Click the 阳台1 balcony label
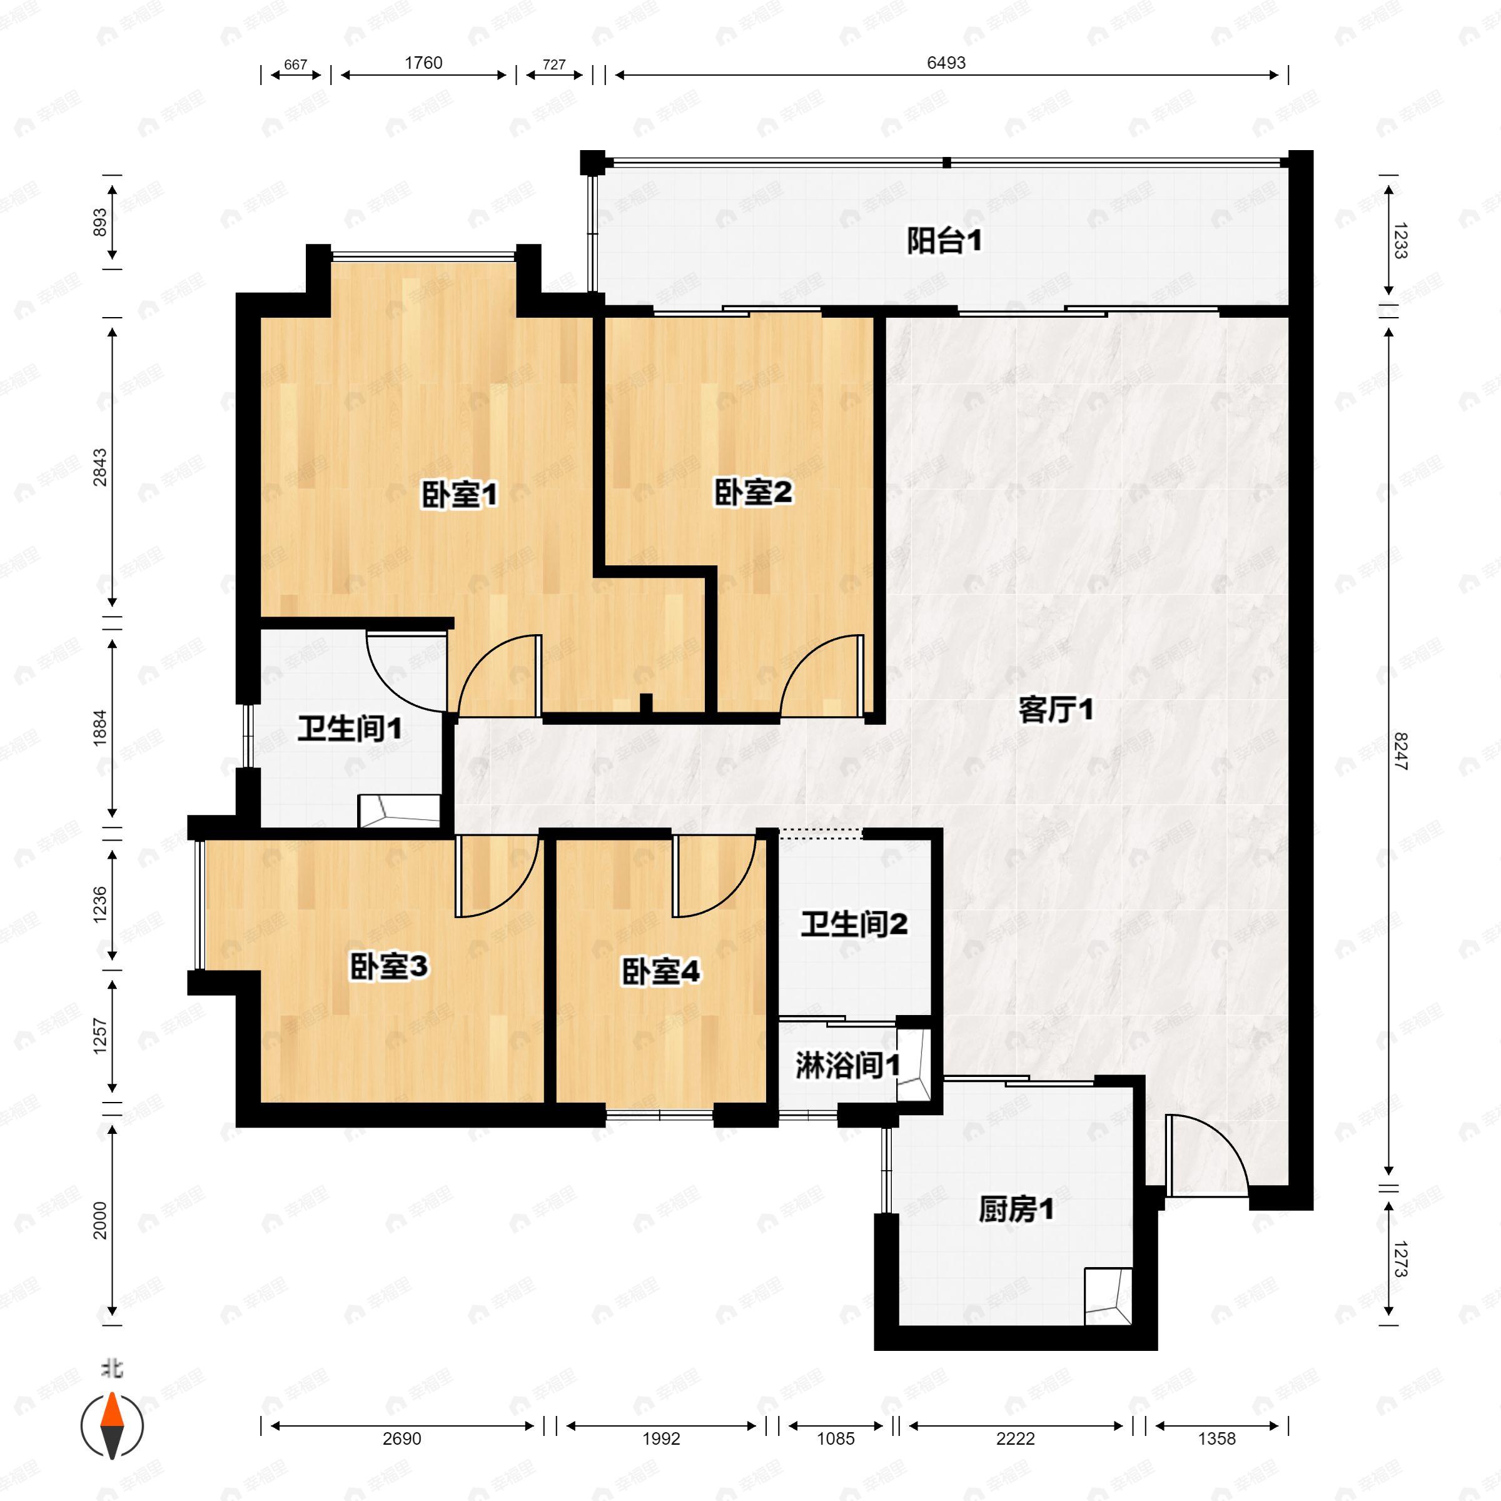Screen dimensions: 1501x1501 [x=944, y=241]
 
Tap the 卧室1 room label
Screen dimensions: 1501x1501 [x=459, y=494]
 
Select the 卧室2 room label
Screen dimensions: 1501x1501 [x=753, y=492]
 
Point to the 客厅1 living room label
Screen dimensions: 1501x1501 [x=1056, y=709]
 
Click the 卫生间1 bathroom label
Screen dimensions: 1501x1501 [x=350, y=729]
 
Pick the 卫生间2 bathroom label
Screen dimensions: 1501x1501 [x=854, y=924]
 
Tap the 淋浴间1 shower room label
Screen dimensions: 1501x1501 [x=847, y=1066]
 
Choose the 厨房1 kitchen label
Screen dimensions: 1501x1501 [x=1016, y=1209]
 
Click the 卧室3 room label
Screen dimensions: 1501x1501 [x=388, y=968]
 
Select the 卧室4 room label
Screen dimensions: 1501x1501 [x=661, y=971]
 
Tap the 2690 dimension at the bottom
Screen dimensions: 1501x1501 [x=402, y=1438]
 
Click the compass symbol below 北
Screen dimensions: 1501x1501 [x=113, y=1426]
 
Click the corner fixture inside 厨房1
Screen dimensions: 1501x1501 [x=1108, y=1296]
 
